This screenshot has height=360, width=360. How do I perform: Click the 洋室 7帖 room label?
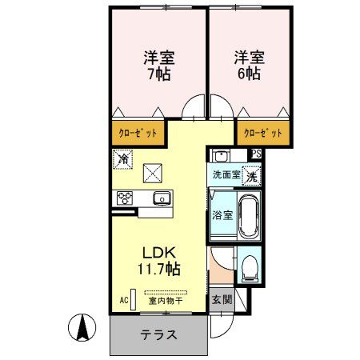159,66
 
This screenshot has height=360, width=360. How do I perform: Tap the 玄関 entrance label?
222,301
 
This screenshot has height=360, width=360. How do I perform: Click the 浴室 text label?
222,215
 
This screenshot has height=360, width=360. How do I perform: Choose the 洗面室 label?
226,174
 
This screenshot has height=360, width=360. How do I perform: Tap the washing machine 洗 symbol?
252,175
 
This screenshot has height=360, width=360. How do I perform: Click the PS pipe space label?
256,154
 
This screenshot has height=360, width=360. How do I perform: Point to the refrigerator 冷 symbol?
123,160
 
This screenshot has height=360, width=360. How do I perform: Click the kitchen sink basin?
161,198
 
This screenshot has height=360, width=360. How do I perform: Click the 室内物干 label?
166,302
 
